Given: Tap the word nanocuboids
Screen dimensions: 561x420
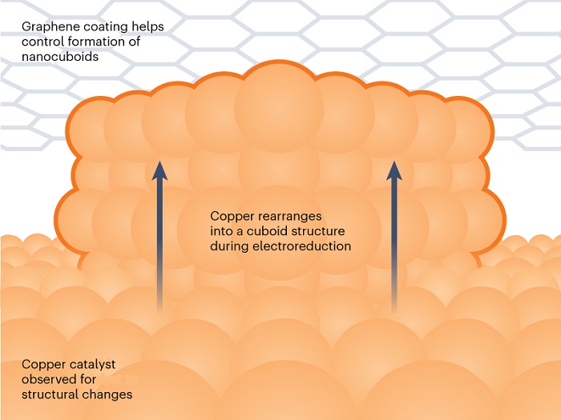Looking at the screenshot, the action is pos(60,57).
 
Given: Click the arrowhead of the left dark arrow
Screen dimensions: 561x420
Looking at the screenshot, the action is pos(159,170).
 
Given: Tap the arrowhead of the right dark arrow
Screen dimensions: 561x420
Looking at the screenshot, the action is pos(394,170).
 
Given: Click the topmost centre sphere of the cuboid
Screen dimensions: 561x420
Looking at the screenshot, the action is pos(279,107).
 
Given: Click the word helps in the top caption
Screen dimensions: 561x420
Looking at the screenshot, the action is pos(148,27).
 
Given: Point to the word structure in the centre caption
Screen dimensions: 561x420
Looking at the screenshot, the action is pos(318,231).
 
